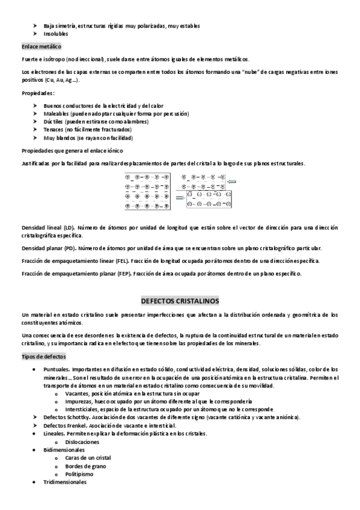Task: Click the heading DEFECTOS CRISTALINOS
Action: pyautogui.click(x=180, y=300)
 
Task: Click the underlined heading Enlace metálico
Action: pyautogui.click(x=41, y=46)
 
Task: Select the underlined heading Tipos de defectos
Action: pyautogui.click(x=44, y=357)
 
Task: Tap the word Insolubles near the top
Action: pyautogui.click(x=56, y=34)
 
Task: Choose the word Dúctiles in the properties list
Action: pyautogui.click(x=54, y=121)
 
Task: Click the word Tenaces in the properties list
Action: pyautogui.click(x=54, y=129)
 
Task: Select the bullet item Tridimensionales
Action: pyautogui.click(x=65, y=482)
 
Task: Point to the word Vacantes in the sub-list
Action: pyautogui.click(x=79, y=392)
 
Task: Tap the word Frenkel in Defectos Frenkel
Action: pyautogui.click(x=73, y=425)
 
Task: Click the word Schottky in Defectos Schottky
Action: pyautogui.click(x=75, y=417)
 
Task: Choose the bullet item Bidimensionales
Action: pyautogui.click(x=64, y=449)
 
